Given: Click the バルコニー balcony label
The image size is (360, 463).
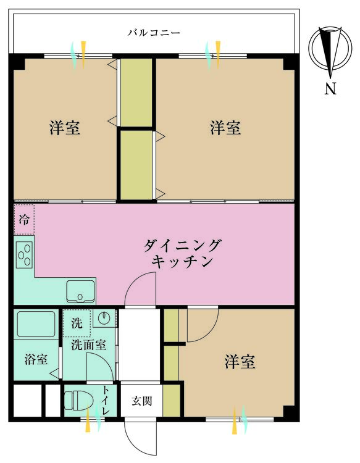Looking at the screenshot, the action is point(154,32).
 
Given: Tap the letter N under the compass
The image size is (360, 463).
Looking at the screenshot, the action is point(330,88).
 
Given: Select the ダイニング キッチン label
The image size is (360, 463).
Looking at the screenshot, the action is point(182,253).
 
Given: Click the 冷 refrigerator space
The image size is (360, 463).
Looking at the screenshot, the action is point(24,220).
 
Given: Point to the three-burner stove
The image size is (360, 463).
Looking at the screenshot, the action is point(24,254).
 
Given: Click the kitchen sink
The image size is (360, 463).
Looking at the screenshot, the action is point(80,292).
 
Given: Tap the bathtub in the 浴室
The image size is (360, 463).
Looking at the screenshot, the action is point(36,324).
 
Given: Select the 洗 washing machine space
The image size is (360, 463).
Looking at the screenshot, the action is point(77,323).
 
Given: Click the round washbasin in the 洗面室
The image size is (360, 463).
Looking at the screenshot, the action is point(104,318).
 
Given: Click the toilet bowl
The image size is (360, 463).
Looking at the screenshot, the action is point(78,401).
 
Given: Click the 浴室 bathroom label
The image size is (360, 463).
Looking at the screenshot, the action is point(36,359).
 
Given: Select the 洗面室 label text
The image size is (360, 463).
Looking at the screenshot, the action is point(88,344).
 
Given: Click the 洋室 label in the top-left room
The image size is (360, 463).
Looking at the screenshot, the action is point(64,128).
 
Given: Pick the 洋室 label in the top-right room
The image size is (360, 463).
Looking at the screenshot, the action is point(225,128).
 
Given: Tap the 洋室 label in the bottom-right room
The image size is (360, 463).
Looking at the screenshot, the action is point(240,361).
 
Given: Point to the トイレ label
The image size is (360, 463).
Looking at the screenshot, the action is point(106,401).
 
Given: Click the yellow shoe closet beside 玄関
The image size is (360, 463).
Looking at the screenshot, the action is point(171,401).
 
